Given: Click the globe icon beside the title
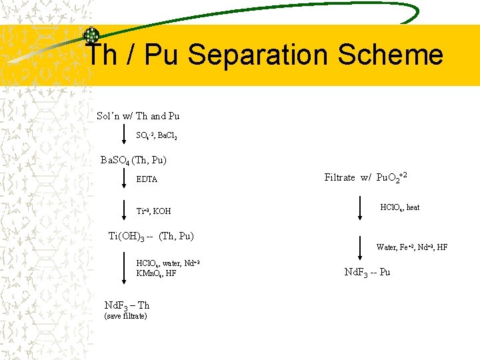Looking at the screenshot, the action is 91,36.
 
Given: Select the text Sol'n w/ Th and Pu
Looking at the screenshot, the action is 138,116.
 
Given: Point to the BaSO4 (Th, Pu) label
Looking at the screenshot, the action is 133,160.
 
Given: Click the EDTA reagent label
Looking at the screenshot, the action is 147,179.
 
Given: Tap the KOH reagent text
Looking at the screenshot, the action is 162,211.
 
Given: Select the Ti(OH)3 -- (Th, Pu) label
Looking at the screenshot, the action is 151,235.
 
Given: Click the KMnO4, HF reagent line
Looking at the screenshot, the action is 156,273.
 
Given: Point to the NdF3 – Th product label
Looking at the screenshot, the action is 127,305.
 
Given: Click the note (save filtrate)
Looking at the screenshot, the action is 126,316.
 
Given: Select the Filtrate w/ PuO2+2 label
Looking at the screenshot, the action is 365,177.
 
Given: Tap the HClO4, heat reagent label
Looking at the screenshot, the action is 399,207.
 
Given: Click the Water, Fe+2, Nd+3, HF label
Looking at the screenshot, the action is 411,247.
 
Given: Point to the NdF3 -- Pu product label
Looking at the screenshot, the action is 367,272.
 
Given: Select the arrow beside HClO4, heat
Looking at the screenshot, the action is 360,207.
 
